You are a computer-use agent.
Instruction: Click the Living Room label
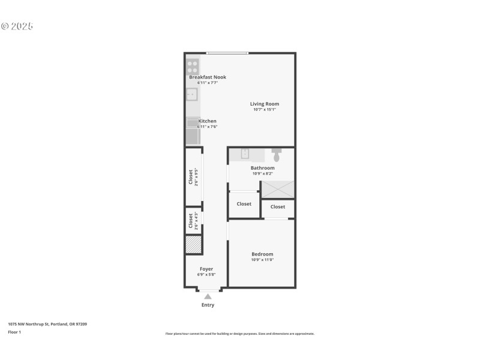click(265, 104)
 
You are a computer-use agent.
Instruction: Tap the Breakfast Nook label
click(208, 77)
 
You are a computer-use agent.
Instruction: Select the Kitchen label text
click(208, 121)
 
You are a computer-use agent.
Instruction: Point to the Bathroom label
click(262, 168)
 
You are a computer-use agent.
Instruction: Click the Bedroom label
click(262, 254)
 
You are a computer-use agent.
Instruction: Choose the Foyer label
click(206, 269)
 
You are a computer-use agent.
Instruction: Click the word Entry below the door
click(208, 305)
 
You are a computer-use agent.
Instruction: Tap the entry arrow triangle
click(208, 296)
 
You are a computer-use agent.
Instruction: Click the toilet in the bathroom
click(277, 154)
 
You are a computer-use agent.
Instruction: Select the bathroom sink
click(245, 154)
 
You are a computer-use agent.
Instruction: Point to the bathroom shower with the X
click(278, 189)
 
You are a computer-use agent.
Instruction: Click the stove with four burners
click(193, 66)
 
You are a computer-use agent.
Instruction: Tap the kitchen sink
click(191, 94)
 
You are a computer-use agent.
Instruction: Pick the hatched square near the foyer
click(193, 244)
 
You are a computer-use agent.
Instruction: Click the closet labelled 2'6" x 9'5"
click(193, 177)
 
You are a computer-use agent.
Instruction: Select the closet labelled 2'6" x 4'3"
click(193, 220)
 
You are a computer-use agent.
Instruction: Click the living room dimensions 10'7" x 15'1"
click(265, 110)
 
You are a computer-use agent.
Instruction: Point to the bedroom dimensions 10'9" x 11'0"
click(262, 260)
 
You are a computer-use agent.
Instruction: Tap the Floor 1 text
click(14, 332)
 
